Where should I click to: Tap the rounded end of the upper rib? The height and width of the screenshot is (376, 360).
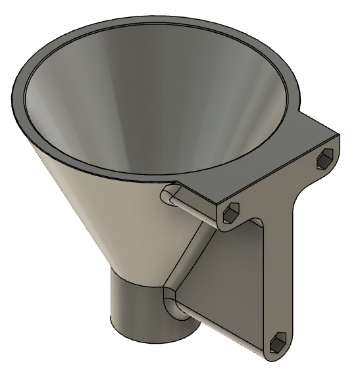[168, 195]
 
